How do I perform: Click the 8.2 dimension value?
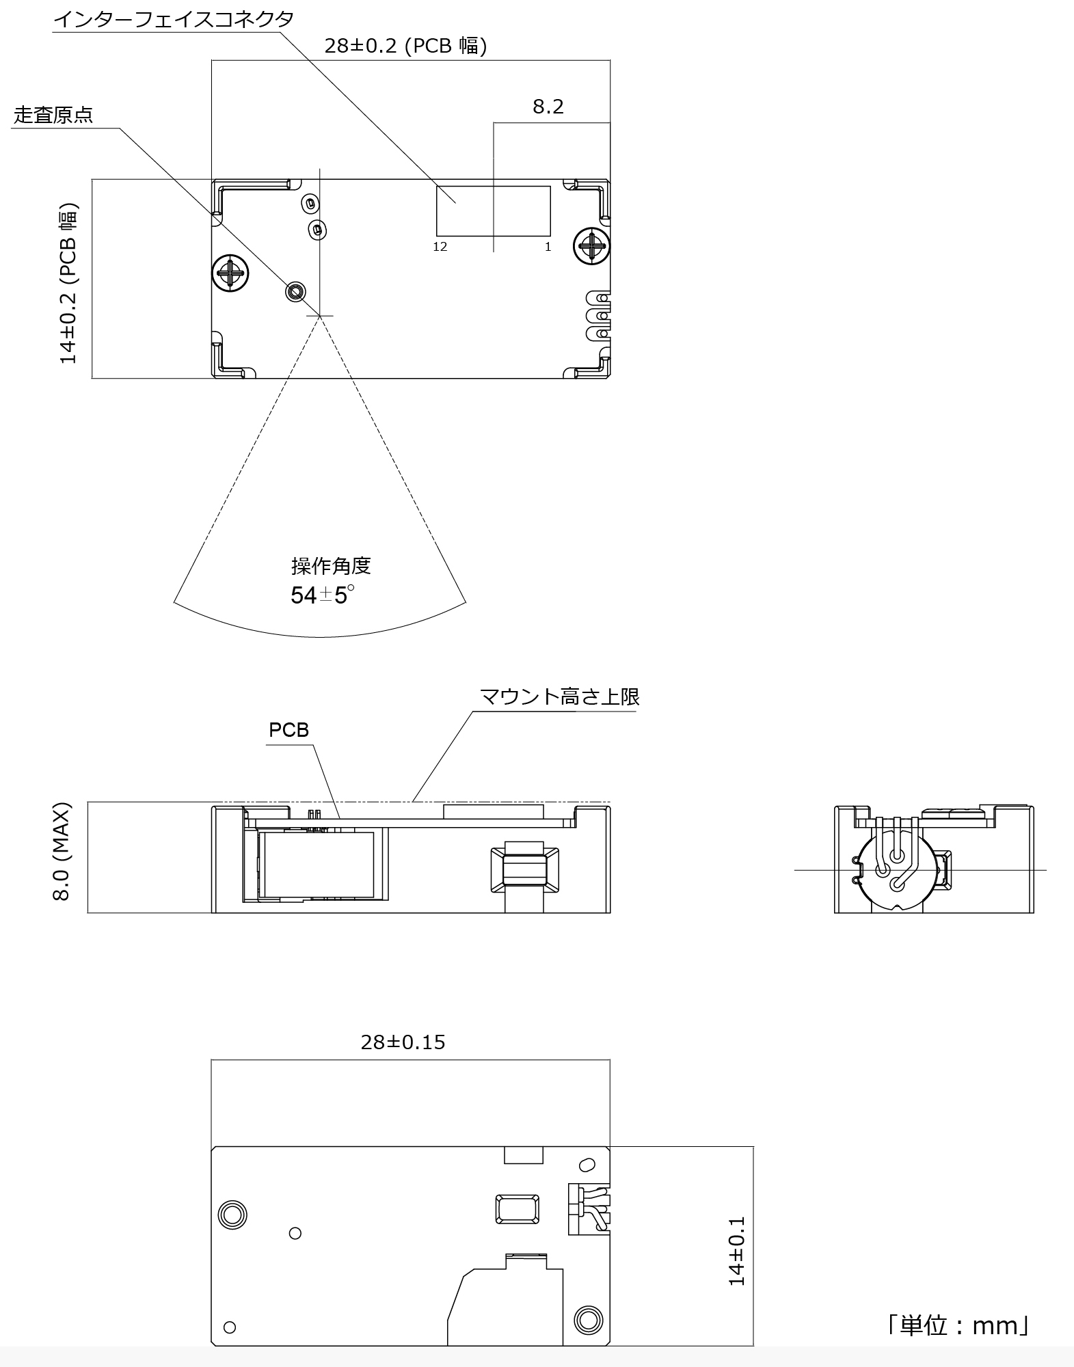[x=548, y=107]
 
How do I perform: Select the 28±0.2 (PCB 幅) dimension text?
[x=405, y=46]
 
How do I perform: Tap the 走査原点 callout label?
[x=53, y=115]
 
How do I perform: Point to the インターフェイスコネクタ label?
[x=174, y=18]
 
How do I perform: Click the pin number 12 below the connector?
[x=440, y=247]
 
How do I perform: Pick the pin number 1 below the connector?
[x=548, y=247]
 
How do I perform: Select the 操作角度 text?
[x=331, y=566]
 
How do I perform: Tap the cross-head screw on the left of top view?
[x=230, y=273]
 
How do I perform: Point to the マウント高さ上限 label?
[x=559, y=697]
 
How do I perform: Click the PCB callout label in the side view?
[x=288, y=730]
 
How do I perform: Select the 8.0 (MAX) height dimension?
[x=62, y=852]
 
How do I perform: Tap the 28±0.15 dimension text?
[x=403, y=1042]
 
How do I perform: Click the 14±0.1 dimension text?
[x=737, y=1251]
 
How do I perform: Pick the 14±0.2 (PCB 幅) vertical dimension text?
[x=68, y=284]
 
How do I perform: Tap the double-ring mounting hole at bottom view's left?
[x=232, y=1215]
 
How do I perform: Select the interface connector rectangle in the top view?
[x=494, y=211]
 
